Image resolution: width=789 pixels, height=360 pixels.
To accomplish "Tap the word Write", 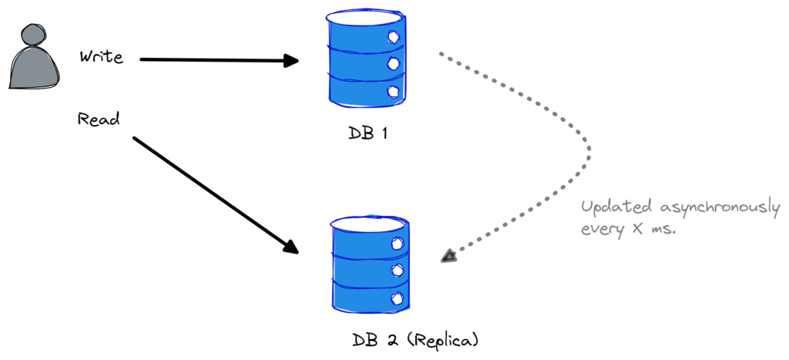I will [101, 57].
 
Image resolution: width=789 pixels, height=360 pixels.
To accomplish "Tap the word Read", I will [97, 119].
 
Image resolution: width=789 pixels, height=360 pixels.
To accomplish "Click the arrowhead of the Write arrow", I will [291, 61].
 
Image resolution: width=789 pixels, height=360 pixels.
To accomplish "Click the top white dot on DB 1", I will [394, 36].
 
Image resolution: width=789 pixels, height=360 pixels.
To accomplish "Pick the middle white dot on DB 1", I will [394, 64].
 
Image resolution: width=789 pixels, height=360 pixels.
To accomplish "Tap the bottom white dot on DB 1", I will [394, 92].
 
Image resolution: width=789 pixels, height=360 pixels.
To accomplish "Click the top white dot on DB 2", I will [398, 243].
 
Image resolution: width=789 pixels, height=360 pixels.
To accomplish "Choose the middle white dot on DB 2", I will [398, 270].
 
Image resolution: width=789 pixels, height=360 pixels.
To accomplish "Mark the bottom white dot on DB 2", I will [398, 298].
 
